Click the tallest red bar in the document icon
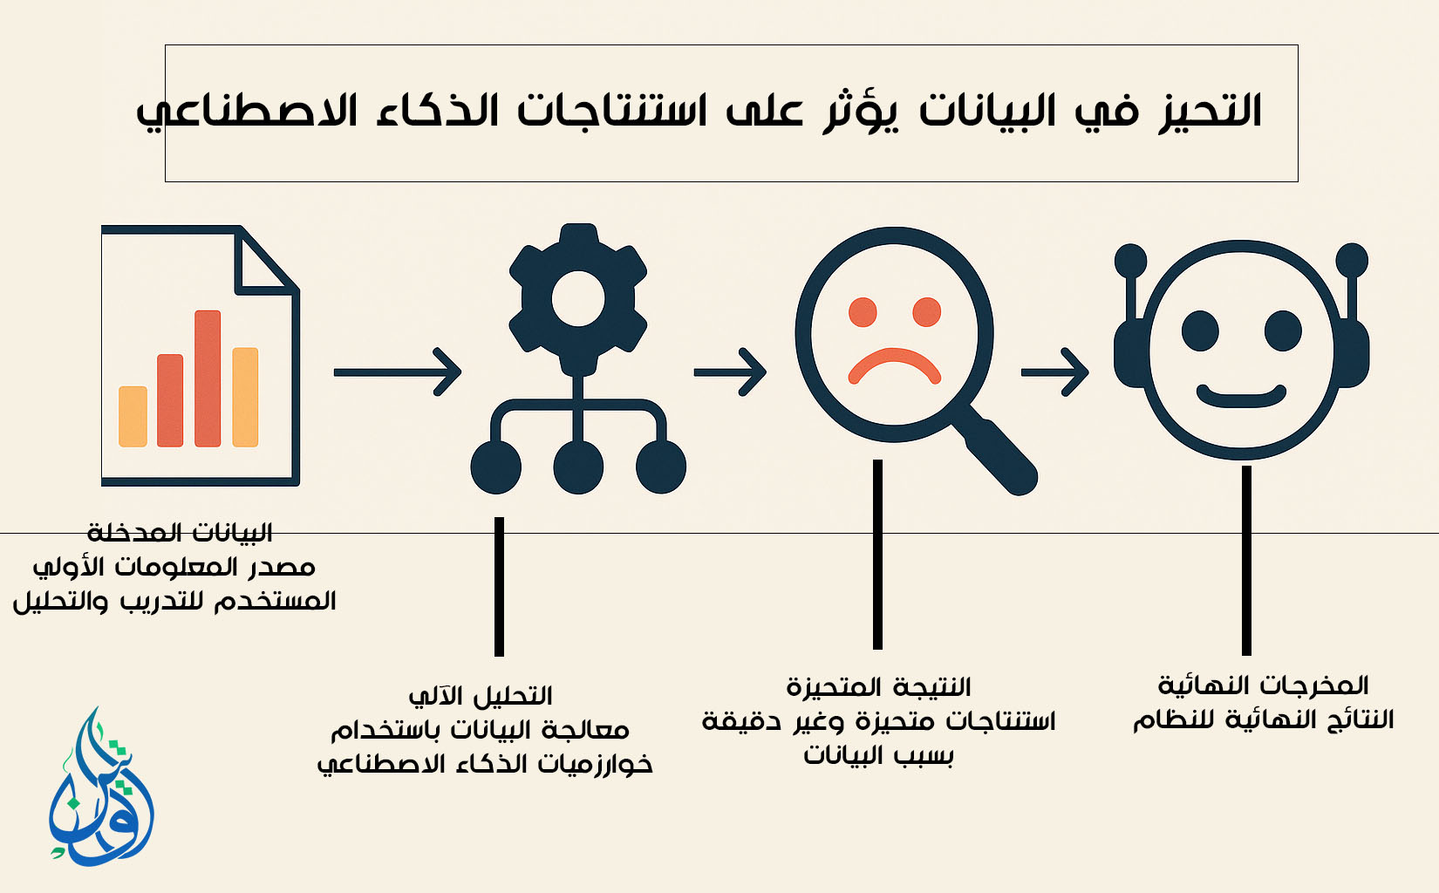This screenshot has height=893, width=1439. click(208, 378)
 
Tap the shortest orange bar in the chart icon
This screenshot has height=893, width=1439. click(133, 416)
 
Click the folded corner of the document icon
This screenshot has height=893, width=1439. click(263, 263)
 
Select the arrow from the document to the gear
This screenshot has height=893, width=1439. click(398, 372)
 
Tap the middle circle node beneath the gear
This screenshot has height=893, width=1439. click(578, 467)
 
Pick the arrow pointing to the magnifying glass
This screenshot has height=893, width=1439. click(730, 372)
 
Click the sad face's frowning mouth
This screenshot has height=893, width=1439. click(894, 366)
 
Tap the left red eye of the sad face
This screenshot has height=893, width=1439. click(863, 312)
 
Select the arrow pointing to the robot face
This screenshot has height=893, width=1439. click(1055, 372)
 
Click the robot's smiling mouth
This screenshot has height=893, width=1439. click(1241, 396)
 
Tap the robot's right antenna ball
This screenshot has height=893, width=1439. click(1352, 260)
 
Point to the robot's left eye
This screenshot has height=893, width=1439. click(1200, 331)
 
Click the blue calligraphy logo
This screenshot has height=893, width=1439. click(101, 787)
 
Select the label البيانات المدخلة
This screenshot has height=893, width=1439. click(180, 533)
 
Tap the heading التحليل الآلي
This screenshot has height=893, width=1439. click(481, 697)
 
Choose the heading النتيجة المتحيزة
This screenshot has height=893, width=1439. click(878, 687)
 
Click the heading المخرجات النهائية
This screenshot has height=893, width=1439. click(1263, 686)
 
